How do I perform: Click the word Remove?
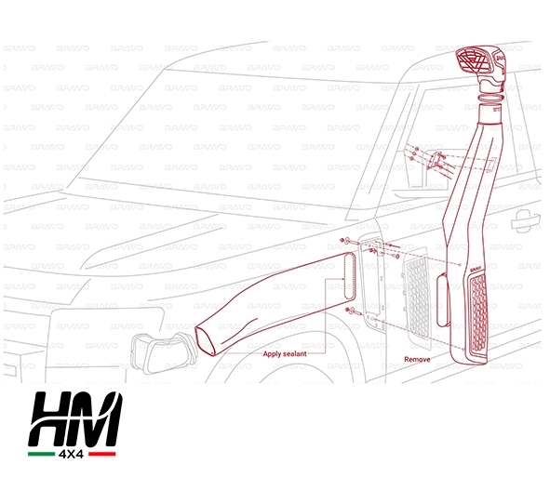417,359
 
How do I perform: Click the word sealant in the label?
295,354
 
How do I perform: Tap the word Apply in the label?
272,354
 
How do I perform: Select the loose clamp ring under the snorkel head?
490,96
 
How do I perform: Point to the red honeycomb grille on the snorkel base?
478,312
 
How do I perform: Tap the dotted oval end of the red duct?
349,276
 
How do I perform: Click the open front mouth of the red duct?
205,340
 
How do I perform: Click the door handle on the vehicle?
525,221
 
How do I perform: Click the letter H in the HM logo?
53,418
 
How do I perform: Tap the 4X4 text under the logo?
72,454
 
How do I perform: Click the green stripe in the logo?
41,454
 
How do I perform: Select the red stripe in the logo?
102,454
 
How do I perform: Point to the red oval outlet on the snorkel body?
443,300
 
